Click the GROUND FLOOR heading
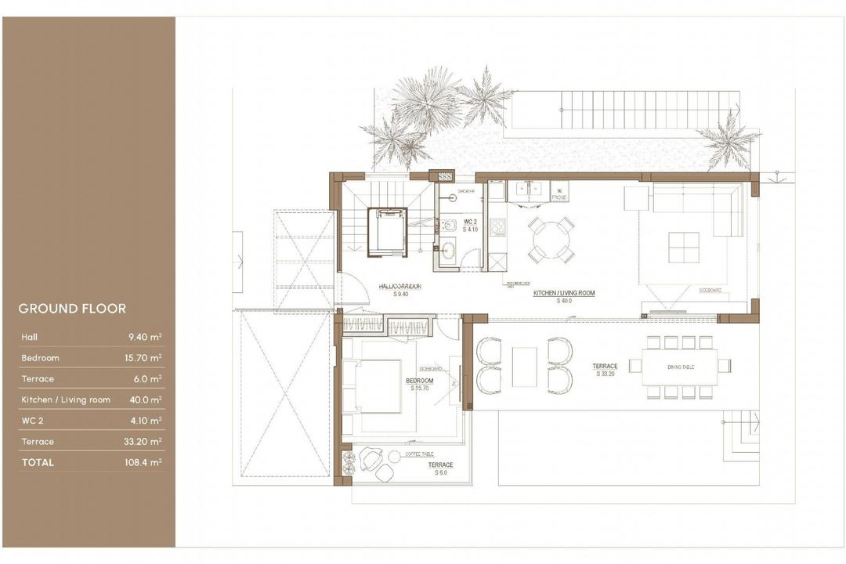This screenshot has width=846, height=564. [x=72, y=309]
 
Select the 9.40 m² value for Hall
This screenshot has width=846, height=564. [x=146, y=338]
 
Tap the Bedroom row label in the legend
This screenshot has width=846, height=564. [x=41, y=358]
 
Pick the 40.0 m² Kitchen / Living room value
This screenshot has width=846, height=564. [x=146, y=400]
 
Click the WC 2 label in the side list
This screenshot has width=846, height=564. [x=33, y=421]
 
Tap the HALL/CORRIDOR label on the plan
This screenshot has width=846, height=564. [x=399, y=289]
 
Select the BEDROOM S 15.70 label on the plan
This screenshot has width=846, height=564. [x=420, y=384]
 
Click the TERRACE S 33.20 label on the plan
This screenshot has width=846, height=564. [x=605, y=369]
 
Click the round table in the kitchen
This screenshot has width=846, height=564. [x=551, y=240]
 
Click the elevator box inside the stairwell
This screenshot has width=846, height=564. [x=387, y=231]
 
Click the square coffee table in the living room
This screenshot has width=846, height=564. [x=683, y=248]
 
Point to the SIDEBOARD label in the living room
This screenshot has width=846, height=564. [x=710, y=291]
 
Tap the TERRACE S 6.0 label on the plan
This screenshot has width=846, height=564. [x=440, y=468]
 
